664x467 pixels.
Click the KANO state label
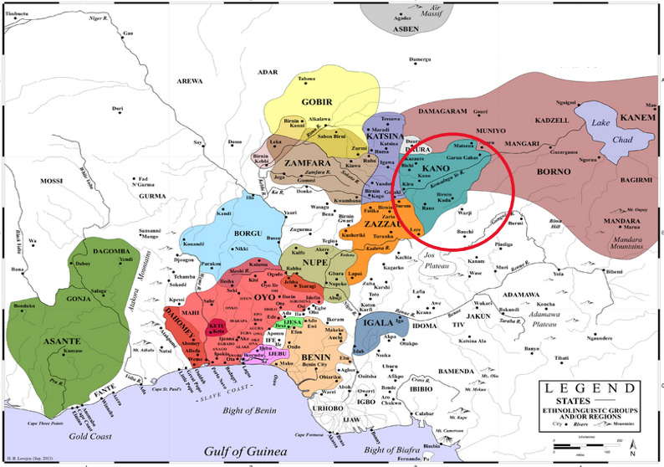436,169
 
